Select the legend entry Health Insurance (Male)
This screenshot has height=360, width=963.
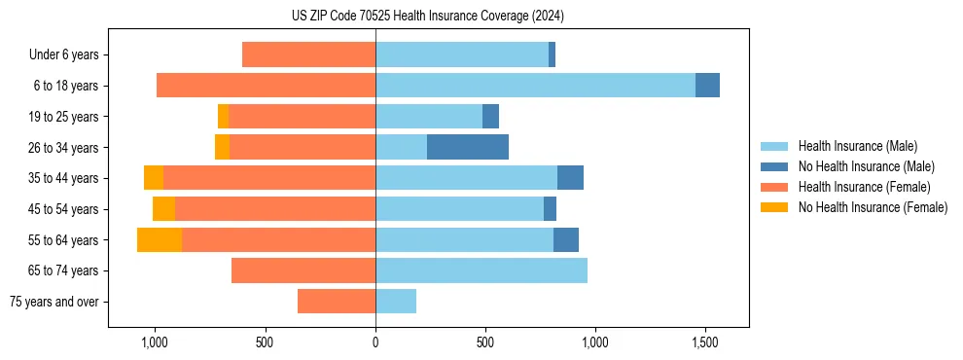pos(857,146)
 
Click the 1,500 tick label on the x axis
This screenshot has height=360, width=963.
pos(704,342)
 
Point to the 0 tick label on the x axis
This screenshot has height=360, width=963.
pos(375,342)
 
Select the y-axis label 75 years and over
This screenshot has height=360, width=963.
pos(54,302)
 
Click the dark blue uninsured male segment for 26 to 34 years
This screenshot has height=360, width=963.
pos(468,148)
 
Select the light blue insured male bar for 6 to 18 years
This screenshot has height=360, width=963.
pos(535,86)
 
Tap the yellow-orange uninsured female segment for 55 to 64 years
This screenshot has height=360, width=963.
pos(160,240)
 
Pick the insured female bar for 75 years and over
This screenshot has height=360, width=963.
pos(337,302)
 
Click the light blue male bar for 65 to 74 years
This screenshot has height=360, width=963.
pos(481,270)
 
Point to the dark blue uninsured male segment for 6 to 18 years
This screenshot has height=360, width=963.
pos(707,86)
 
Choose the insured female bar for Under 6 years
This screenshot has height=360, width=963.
pos(308,55)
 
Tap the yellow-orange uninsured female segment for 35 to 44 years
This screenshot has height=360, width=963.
pos(154,178)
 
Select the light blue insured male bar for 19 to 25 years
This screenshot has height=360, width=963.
pos(429,117)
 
